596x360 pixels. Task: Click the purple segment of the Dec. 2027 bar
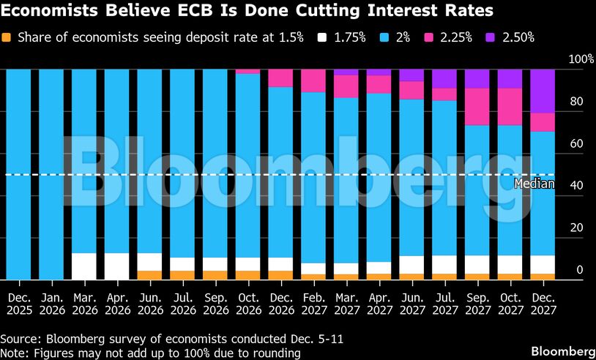click(543, 91)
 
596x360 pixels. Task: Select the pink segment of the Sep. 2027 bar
click(477, 107)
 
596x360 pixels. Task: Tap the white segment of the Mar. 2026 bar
click(84, 266)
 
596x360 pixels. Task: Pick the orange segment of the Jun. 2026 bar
click(149, 275)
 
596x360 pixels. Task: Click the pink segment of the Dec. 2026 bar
click(280, 78)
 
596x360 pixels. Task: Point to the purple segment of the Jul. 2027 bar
click(444, 79)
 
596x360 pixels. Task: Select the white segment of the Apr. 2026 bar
click(117, 266)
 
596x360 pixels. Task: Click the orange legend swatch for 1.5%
click(7, 37)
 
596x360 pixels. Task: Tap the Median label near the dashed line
click(534, 184)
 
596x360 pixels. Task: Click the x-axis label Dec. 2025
click(19, 304)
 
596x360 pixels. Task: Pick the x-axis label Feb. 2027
click(313, 304)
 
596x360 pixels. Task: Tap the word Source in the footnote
click(21, 340)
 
